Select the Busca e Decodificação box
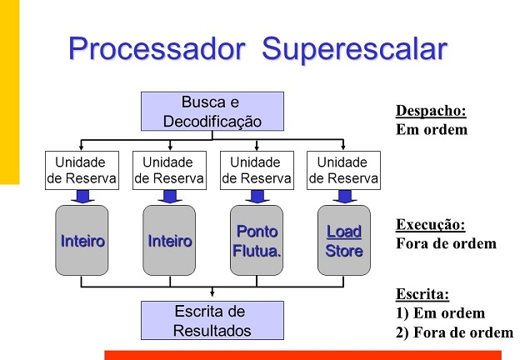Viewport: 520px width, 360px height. [212, 112]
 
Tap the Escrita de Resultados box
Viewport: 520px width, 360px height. [212, 321]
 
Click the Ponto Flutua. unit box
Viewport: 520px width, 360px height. [256, 241]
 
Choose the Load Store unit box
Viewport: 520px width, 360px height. [344, 241]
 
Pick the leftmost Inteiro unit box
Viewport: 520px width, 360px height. [82, 241]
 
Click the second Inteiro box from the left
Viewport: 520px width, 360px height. [169, 241]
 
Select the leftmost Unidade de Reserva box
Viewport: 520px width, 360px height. [81, 170]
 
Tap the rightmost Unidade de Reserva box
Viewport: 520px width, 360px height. [343, 170]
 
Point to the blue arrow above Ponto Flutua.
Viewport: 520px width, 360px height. [257, 197]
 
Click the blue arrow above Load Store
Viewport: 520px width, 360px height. [344, 197]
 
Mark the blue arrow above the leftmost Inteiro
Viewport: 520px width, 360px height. [82, 197]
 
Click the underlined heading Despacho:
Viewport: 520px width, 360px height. [431, 111]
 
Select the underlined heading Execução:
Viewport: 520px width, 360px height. [430, 225]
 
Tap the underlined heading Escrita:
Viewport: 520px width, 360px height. [422, 294]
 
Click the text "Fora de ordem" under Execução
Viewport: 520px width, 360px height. [446, 244]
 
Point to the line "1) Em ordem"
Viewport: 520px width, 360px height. [440, 314]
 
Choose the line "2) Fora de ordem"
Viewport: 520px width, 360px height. [454, 332]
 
